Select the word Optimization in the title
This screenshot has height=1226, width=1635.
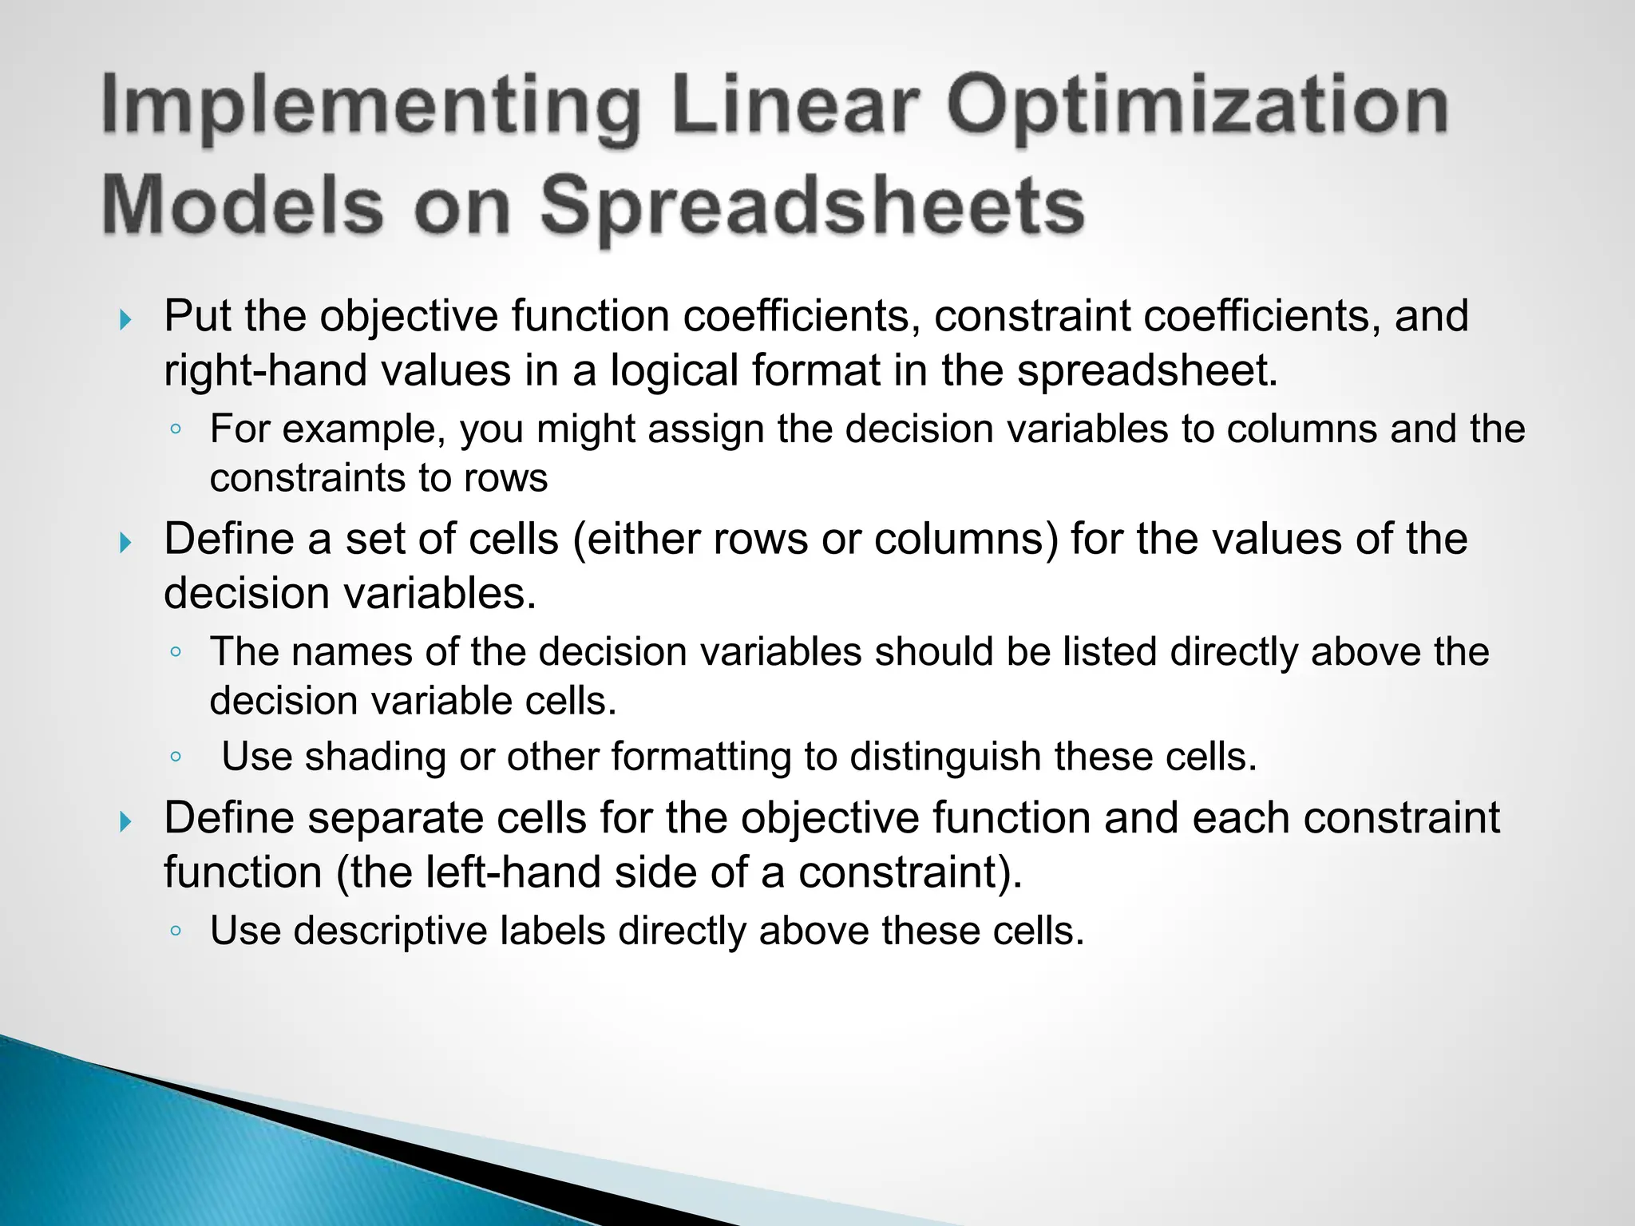1198,106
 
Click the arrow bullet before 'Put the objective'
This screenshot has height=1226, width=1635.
125,321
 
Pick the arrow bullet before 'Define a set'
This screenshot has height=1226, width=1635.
125,544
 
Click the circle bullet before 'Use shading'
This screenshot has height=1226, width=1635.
176,757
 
